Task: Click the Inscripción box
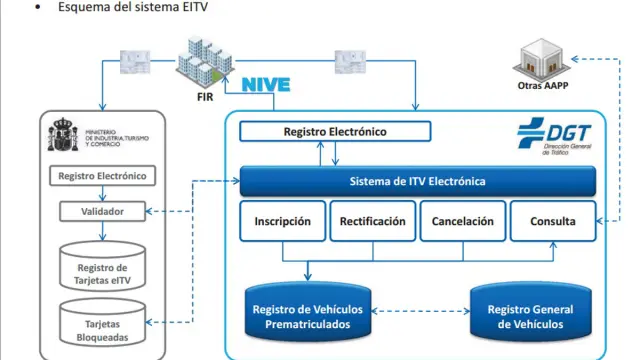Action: point(282,221)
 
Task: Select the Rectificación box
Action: point(372,221)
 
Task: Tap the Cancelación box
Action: point(462,221)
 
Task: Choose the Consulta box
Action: point(552,221)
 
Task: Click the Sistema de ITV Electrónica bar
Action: point(418,182)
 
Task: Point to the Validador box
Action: point(102,212)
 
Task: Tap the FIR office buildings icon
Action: point(206,62)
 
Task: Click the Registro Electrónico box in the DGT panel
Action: point(335,131)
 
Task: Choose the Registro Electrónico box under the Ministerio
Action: point(102,176)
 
